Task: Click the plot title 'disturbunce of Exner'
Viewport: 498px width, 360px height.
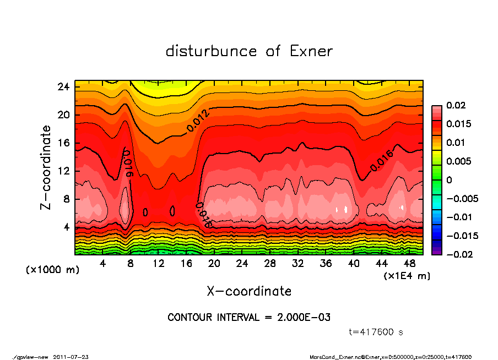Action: point(249,51)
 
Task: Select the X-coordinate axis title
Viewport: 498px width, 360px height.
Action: point(249,291)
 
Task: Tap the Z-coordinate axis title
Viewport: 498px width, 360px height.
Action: point(46,167)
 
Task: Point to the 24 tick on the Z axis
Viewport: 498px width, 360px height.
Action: point(63,87)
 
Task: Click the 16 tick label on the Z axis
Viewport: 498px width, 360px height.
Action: point(63,143)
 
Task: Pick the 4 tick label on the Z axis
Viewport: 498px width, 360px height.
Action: point(66,227)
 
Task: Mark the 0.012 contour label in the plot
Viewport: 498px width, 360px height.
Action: point(198,121)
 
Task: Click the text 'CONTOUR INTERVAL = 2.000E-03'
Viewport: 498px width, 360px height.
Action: point(249,318)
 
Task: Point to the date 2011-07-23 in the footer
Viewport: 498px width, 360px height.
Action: point(71,357)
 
